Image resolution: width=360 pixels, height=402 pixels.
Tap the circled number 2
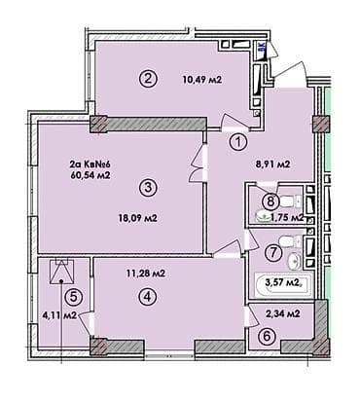[x=148, y=80]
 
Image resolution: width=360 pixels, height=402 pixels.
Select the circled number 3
[x=147, y=187]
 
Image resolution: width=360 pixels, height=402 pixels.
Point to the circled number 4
[x=146, y=297]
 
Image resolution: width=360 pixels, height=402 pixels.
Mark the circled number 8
[x=273, y=202]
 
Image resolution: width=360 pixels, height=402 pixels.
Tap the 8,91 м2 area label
[x=273, y=164]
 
